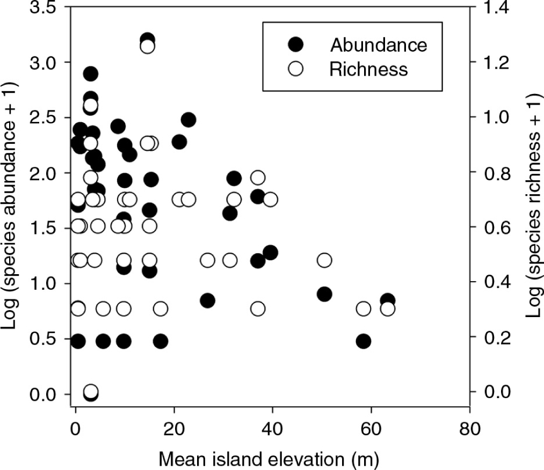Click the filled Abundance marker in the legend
[x=295, y=45]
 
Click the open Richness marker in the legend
[x=295, y=69]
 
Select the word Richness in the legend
[x=369, y=69]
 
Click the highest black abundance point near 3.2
[x=147, y=40]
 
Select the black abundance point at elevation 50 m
[x=324, y=294]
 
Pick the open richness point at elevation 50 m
[x=324, y=260]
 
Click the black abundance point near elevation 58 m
[x=364, y=341]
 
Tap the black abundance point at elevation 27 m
[x=207, y=300]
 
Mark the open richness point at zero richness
[x=91, y=391]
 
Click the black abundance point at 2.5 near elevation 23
[x=188, y=120]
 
